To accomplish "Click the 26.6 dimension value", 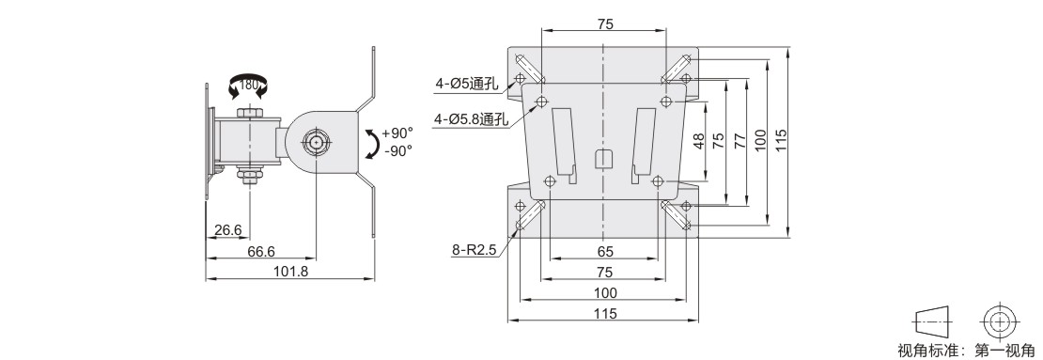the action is (x=228, y=230).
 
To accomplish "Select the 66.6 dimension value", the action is (x=261, y=251).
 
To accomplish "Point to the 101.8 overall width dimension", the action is (x=290, y=271).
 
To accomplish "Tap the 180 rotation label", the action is (x=248, y=86).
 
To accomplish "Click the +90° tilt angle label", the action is (x=397, y=133).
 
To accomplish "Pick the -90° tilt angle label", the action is (x=398, y=150).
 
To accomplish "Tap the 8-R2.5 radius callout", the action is (x=474, y=250).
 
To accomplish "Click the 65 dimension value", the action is (x=605, y=252).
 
